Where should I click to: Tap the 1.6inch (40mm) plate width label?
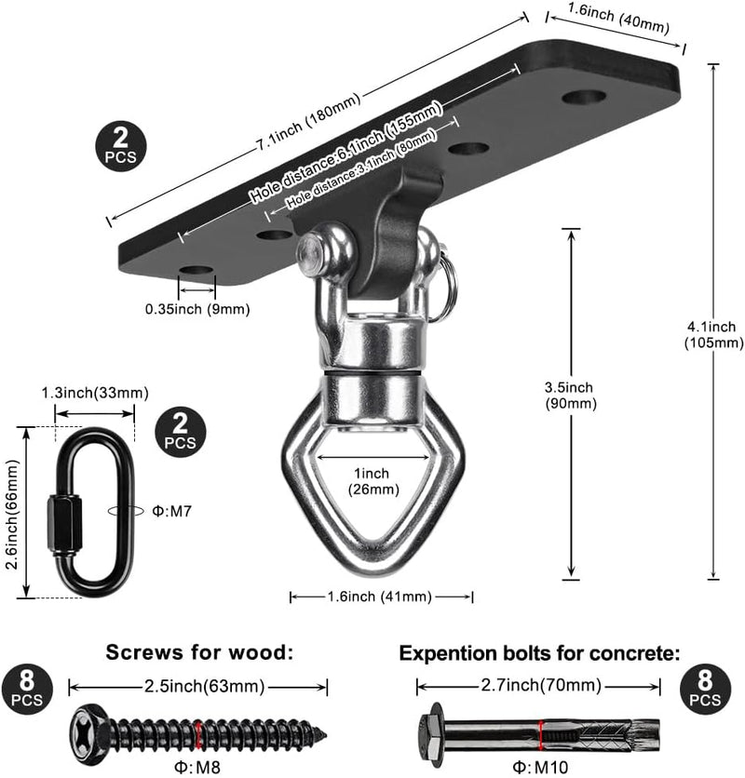pos(618,19)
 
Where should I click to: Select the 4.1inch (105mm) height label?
pos(713,334)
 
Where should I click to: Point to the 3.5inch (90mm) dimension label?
pos(571,395)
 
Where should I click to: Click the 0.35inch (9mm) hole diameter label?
pos(197,309)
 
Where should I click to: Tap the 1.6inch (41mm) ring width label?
pos(379,597)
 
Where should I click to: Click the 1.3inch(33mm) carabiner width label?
pos(95,393)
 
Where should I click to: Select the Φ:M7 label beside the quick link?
pos(172,511)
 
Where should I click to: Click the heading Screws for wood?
pos(199,652)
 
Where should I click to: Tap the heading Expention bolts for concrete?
pos(539,653)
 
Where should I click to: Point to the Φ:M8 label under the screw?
pos(196,767)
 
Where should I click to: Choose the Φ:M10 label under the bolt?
pos(540,767)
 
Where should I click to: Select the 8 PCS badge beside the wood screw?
pos(27,690)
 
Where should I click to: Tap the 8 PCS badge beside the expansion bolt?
pos(705,689)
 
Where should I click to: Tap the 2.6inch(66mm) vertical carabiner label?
pos(13,515)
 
